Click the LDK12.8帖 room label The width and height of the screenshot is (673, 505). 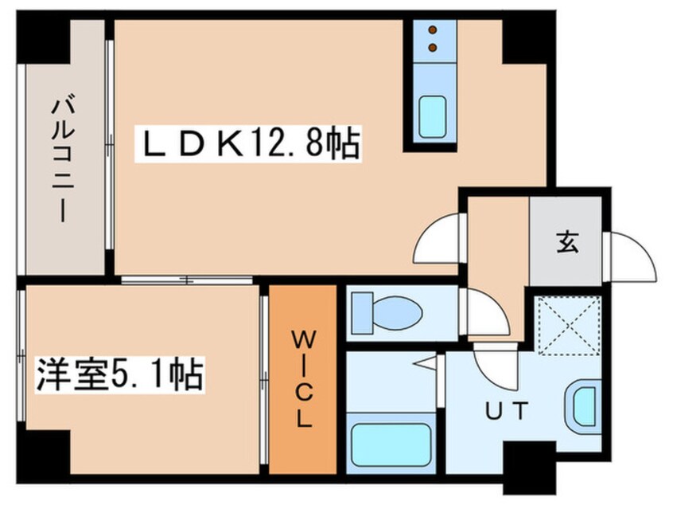(x=248, y=144)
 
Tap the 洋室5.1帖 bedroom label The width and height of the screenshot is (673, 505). (x=119, y=374)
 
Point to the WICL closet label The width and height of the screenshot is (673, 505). (x=303, y=379)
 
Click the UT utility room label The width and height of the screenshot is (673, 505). (x=506, y=410)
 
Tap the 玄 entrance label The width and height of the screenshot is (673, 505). (x=567, y=242)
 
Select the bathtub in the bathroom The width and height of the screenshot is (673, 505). (x=391, y=444)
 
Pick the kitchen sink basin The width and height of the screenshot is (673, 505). (x=432, y=117)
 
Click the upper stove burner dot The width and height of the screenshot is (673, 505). (x=433, y=30)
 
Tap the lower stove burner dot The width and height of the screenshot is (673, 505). (x=433, y=47)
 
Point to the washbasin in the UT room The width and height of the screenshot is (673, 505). (x=583, y=406)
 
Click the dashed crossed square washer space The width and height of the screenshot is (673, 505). (x=569, y=326)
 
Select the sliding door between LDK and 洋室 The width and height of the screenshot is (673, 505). (x=187, y=280)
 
